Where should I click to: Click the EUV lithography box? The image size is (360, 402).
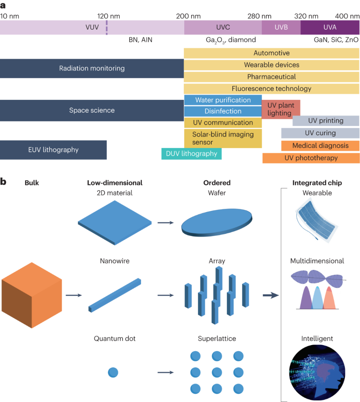[53, 150]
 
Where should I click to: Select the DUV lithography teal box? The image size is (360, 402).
[191, 154]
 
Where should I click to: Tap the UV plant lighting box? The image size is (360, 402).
[281, 109]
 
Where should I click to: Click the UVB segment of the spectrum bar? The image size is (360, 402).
[281, 27]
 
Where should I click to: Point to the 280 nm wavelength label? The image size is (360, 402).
[259, 16]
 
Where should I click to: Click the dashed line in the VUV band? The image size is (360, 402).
[107, 27]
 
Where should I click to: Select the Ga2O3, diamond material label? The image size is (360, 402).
[231, 40]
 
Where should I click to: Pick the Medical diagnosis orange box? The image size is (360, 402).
[320, 146]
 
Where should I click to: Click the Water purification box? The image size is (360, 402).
[223, 100]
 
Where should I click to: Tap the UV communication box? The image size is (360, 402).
[223, 123]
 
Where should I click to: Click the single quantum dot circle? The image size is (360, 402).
[113, 372]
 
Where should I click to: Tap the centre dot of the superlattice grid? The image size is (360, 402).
[217, 372]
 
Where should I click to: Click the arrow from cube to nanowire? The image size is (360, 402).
[74, 295]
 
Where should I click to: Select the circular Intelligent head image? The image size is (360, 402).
[317, 372]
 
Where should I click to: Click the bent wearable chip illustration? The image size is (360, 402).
[317, 220]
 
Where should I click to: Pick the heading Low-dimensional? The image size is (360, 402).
[115, 183]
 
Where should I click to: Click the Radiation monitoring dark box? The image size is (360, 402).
[92, 69]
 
